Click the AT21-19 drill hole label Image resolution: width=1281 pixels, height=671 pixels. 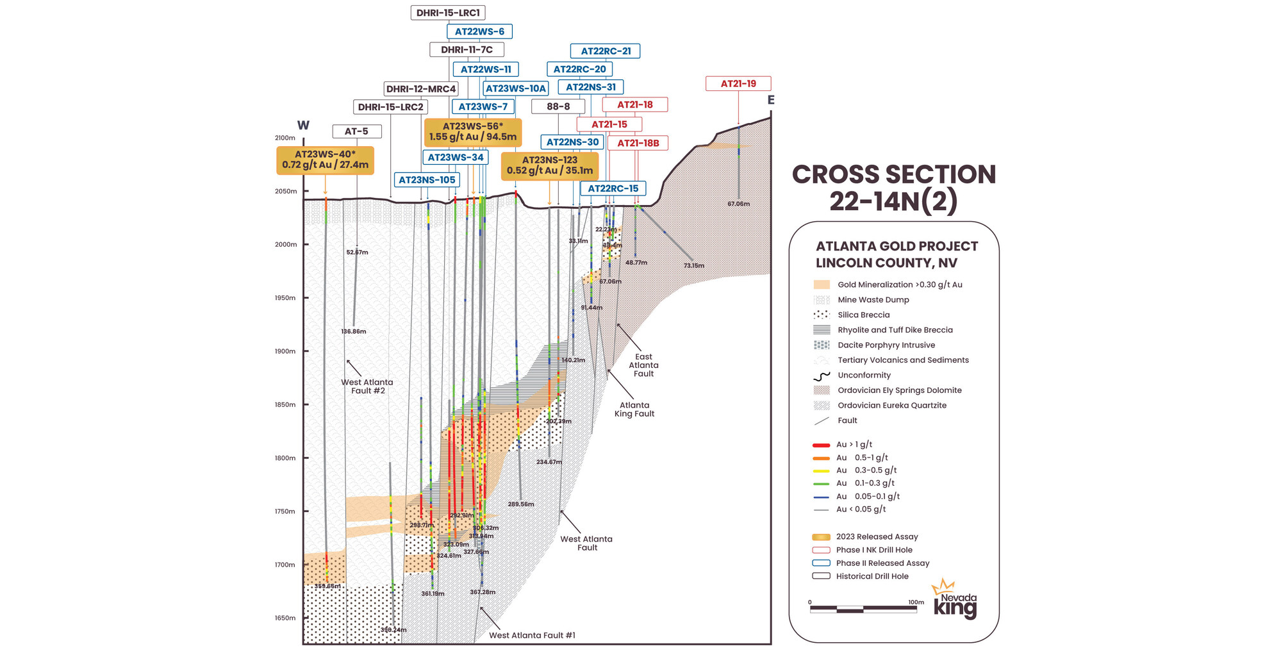pyautogui.click(x=738, y=83)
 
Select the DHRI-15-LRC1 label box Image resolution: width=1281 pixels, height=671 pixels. pyautogui.click(x=447, y=13)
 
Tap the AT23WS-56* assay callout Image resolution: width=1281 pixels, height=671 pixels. pyautogui.click(x=473, y=131)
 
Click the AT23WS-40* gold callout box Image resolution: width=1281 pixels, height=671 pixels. pyautogui.click(x=325, y=160)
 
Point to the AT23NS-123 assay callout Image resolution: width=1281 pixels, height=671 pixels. pyautogui.click(x=549, y=165)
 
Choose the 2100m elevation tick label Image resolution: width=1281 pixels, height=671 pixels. pyautogui.click(x=285, y=138)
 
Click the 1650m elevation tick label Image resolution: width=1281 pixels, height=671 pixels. pyautogui.click(x=285, y=618)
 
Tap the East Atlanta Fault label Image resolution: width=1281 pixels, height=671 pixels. pyautogui.click(x=643, y=365)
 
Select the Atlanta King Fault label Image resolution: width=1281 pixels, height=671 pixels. pyautogui.click(x=634, y=409)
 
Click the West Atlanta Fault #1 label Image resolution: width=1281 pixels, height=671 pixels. pyautogui.click(x=532, y=635)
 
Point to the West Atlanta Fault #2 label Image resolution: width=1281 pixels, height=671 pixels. pyautogui.click(x=367, y=386)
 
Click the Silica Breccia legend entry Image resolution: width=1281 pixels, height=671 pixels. pyautogui.click(x=863, y=315)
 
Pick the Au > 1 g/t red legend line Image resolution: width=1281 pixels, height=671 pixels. pyautogui.click(x=821, y=445)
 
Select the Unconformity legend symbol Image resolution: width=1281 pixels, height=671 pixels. pyautogui.click(x=821, y=376)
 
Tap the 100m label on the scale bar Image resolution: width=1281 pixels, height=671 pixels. pyautogui.click(x=916, y=602)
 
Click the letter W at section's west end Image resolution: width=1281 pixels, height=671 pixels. pyautogui.click(x=303, y=126)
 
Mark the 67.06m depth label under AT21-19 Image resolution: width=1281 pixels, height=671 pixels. pyautogui.click(x=738, y=204)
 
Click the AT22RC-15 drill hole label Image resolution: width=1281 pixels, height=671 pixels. pyautogui.click(x=613, y=188)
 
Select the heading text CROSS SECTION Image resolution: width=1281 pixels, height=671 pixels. pyautogui.click(x=893, y=174)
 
